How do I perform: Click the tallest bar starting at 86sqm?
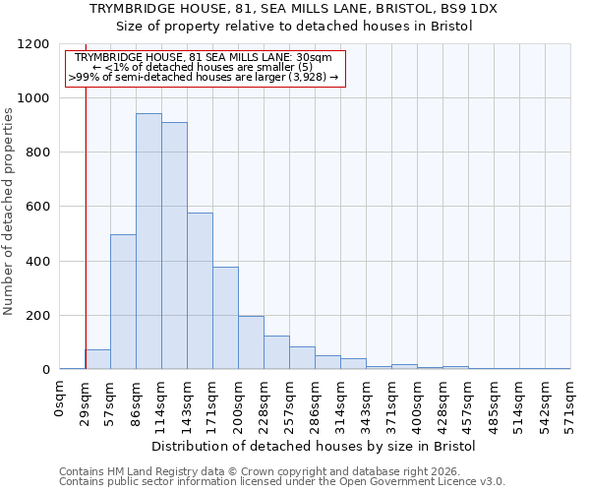click(148, 241)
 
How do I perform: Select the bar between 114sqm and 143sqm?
click(174, 246)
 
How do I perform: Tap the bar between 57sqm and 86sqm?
click(123, 302)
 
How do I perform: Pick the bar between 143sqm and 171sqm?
click(200, 291)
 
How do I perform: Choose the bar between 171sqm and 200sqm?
click(225, 318)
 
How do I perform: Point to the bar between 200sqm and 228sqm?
click(251, 342)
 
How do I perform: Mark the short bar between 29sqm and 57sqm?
click(97, 359)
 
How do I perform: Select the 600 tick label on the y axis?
click(36, 207)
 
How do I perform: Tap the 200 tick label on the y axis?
click(36, 316)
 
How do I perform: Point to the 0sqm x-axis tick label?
click(60, 398)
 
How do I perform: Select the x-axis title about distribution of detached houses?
click(315, 446)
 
